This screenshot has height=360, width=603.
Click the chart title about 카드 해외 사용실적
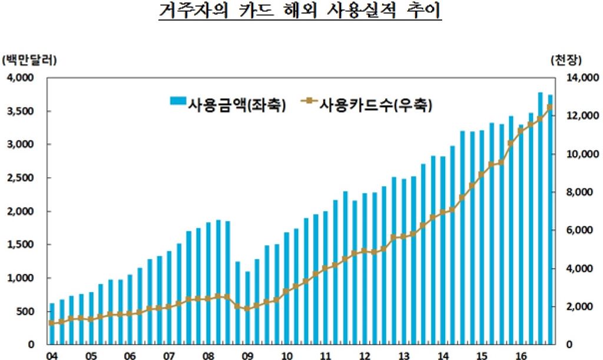pos(300,12)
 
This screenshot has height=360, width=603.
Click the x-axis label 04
pos(52,355)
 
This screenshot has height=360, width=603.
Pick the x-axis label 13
pos(403,355)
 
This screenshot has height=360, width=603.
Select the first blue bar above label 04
pos(52,323)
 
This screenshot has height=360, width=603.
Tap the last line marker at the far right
pos(550,107)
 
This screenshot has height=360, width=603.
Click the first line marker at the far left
pos(52,323)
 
